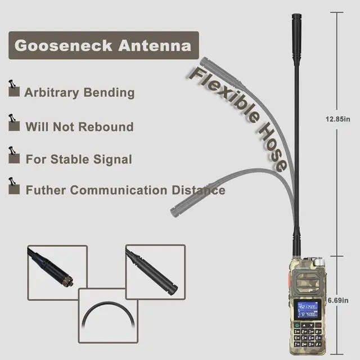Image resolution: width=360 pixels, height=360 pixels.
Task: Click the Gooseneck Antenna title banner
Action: click(103, 46)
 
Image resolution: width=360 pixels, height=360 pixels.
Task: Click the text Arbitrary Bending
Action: click(79, 92)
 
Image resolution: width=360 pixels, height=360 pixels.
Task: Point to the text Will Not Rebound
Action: click(79, 127)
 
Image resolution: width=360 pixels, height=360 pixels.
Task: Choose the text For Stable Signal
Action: click(79, 159)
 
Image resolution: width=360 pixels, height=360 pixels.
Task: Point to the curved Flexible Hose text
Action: click(239, 115)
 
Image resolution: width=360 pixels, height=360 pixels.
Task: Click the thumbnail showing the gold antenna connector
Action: click(57, 271)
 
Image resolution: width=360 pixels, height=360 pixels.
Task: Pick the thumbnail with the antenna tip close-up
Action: click(155, 271)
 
